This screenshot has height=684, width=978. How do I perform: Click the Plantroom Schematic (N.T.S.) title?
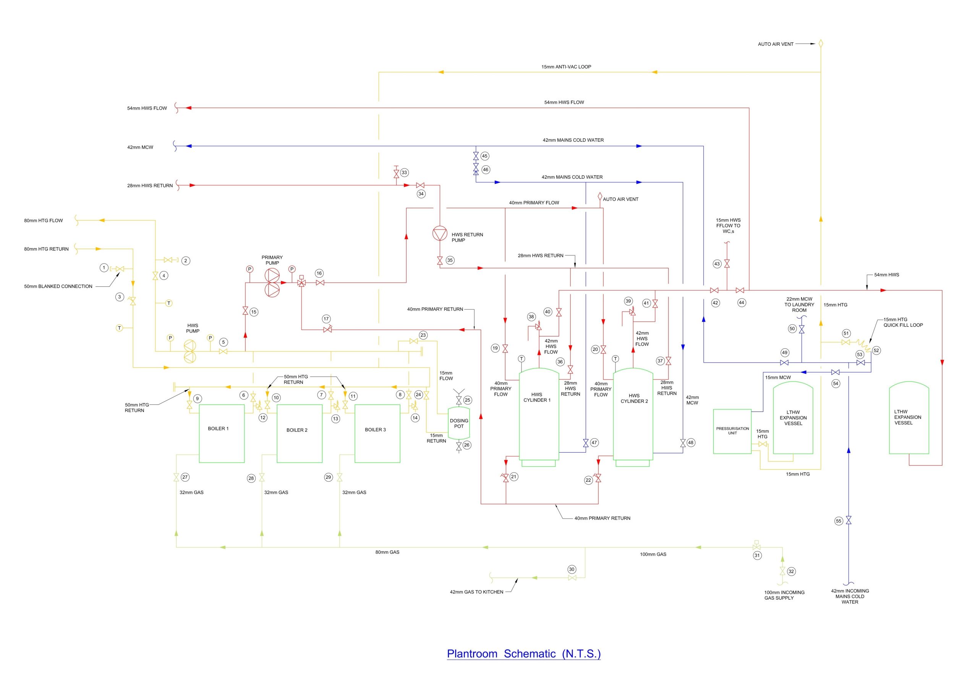[523, 653]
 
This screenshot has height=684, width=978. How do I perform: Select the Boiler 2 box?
[300, 433]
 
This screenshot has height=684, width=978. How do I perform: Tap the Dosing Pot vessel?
[459, 424]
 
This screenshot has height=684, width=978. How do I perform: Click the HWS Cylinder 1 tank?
[539, 415]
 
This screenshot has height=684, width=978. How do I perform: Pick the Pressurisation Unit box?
[732, 431]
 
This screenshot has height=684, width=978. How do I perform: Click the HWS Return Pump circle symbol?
[440, 234]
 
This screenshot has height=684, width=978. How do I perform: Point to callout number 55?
[839, 521]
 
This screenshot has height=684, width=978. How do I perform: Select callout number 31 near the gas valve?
[757, 555]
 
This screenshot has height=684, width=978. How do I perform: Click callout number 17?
[326, 319]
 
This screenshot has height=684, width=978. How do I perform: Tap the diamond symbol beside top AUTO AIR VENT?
[821, 44]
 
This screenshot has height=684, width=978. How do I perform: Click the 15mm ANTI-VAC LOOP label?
[566, 67]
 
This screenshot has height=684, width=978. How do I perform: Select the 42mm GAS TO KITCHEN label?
[476, 592]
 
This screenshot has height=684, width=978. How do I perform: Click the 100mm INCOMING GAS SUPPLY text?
[784, 595]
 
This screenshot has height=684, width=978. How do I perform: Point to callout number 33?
[404, 173]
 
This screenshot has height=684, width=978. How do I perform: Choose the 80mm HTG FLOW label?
[44, 221]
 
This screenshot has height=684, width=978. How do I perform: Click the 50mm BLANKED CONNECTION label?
[58, 286]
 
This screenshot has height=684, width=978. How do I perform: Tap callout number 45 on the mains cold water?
[485, 156]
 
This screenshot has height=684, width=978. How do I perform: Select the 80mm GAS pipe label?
[387, 552]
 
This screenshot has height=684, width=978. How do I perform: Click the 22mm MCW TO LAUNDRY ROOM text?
[799, 304]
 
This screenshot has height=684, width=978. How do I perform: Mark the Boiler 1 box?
[222, 433]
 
